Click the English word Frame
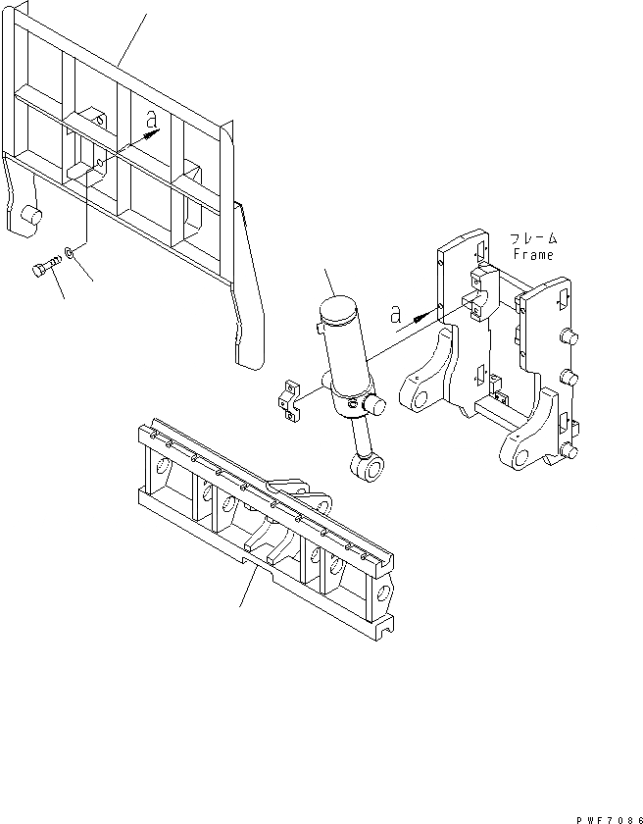point(532,254)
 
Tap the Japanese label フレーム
point(532,238)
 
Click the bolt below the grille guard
point(43,267)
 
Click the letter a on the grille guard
point(150,119)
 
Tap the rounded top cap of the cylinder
point(338,313)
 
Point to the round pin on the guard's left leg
point(30,214)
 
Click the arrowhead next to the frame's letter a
point(421,316)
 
